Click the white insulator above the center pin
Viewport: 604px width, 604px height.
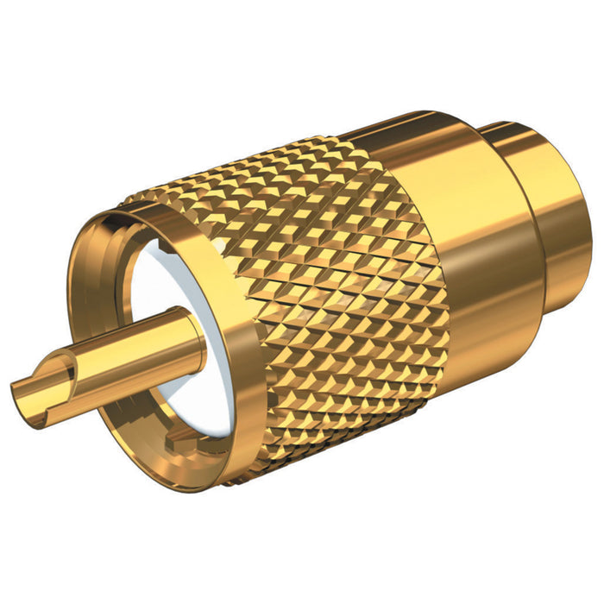(x=173, y=276)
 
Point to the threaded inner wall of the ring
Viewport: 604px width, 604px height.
(x=116, y=285)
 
